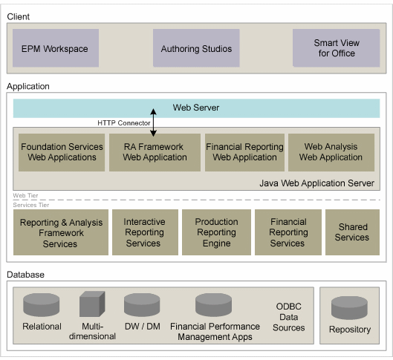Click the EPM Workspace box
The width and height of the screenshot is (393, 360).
[x=56, y=49]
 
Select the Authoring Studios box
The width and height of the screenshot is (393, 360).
[x=196, y=49]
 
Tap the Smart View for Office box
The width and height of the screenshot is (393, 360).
[x=336, y=49]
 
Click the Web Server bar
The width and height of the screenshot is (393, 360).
[x=196, y=108]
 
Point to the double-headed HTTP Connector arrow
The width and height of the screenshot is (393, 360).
[x=154, y=123]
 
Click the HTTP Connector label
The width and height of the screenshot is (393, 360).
[x=124, y=122]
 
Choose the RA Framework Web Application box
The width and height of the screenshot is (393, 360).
[x=155, y=152]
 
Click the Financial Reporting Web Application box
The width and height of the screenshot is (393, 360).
[x=244, y=152]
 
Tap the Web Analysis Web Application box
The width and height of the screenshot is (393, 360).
[x=331, y=152]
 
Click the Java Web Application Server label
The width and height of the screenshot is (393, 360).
[x=316, y=183]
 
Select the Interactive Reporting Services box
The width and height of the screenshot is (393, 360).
[x=144, y=232]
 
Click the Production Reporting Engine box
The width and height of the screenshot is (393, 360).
[x=216, y=232]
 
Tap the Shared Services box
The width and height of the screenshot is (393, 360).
[x=352, y=232]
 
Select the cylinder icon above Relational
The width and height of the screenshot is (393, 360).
[x=42, y=305]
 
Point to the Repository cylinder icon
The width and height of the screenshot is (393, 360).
[x=349, y=308]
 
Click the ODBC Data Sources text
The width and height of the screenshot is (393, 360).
[x=289, y=317]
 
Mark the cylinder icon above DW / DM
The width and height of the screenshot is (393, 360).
[x=142, y=305]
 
